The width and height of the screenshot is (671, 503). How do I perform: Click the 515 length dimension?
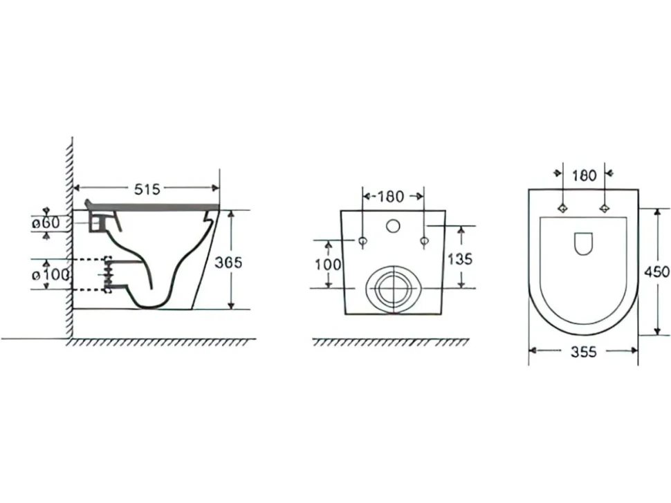click(147, 189)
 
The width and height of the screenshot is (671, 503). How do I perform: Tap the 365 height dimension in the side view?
click(228, 262)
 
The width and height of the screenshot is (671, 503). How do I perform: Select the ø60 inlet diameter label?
click(46, 223)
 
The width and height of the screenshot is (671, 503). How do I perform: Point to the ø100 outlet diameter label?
click(50, 275)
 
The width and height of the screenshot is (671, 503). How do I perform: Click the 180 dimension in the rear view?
click(391, 197)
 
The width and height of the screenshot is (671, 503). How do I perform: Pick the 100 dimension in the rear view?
click(328, 265)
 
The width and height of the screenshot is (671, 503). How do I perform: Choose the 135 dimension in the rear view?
click(459, 258)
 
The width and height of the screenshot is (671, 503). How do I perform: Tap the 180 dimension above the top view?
click(584, 175)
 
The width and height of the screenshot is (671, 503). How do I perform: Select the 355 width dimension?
click(584, 352)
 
